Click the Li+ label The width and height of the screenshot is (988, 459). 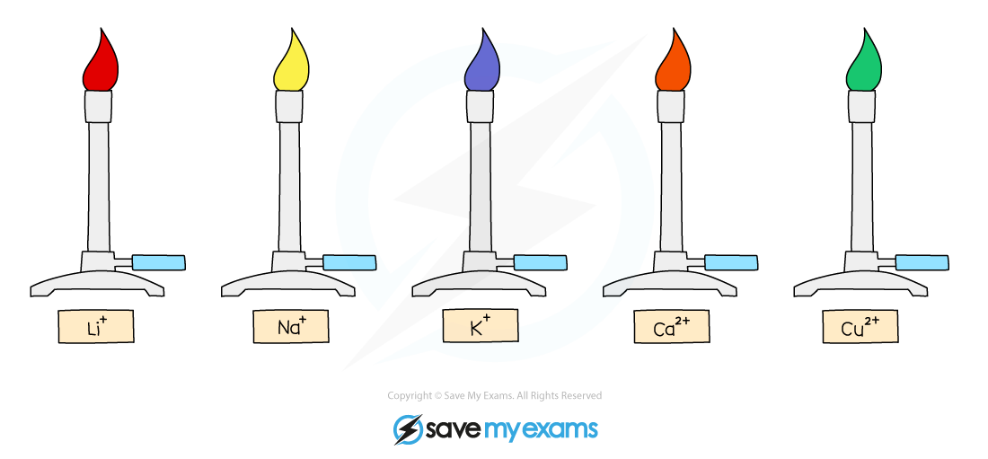(96, 327)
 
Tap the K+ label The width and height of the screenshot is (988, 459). (481, 326)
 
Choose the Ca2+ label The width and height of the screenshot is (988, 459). (671, 327)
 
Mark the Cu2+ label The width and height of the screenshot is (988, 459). (860, 327)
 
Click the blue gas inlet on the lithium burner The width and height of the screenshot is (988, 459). (158, 263)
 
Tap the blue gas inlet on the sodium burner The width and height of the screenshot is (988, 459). (348, 263)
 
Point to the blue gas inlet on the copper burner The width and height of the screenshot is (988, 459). (922, 263)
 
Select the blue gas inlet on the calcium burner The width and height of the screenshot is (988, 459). (731, 263)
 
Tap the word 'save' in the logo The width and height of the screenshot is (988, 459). (454, 430)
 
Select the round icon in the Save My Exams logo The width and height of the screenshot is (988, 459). (409, 429)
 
